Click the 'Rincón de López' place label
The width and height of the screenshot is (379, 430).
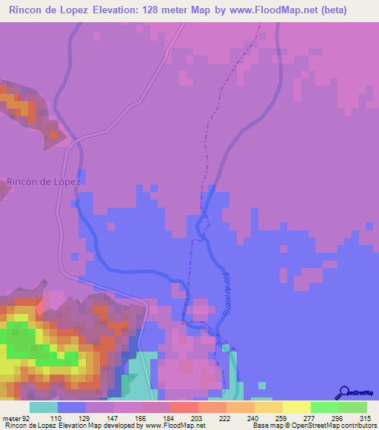(42, 181)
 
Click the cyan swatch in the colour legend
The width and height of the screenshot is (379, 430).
(44, 407)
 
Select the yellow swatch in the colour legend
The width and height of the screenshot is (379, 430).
(296, 407)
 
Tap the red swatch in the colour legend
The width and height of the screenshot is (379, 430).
(184, 407)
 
